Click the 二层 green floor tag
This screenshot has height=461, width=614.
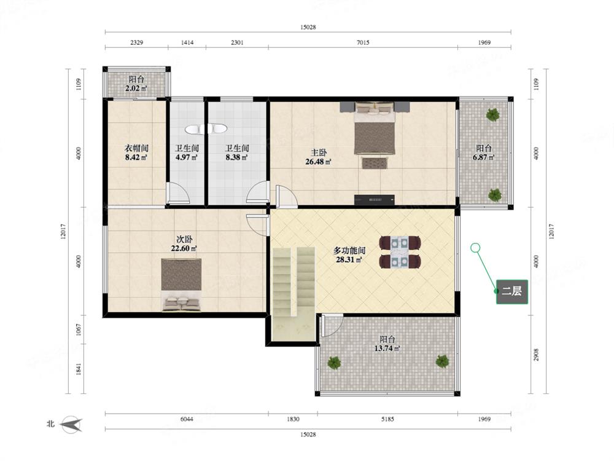[512, 291]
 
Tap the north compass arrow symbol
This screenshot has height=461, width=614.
[72, 425]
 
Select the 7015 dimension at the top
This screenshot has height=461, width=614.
[363, 42]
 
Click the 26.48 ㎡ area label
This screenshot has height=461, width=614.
[318, 162]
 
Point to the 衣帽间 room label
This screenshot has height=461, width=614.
[136, 148]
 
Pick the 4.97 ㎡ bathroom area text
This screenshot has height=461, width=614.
[187, 157]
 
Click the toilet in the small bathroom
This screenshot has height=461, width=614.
[206, 128]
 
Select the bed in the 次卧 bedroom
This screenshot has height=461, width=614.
[181, 285]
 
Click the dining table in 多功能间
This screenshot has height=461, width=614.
[400, 251]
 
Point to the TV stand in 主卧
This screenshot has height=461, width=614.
[374, 200]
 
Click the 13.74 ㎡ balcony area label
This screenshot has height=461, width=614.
[387, 348]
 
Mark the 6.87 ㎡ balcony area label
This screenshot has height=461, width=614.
[484, 157]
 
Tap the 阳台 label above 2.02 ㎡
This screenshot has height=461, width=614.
[136, 79]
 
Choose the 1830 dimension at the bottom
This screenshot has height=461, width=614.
[293, 419]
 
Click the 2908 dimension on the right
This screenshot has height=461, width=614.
[537, 355]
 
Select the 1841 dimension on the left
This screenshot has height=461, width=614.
[79, 369]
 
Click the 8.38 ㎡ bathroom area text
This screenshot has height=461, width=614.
[237, 157]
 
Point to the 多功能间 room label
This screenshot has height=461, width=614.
[349, 250]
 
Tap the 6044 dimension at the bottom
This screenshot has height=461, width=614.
[187, 419]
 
